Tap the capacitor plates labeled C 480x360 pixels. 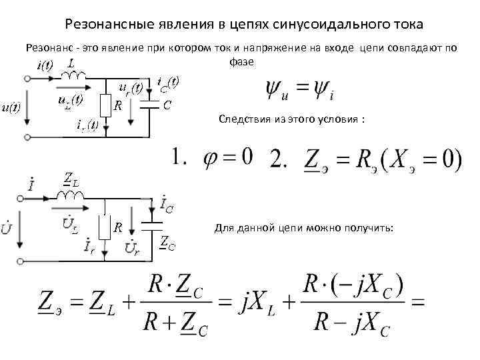coord(153,105)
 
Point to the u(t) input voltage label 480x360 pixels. coord(10,107)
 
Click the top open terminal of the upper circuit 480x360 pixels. coord(27,78)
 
